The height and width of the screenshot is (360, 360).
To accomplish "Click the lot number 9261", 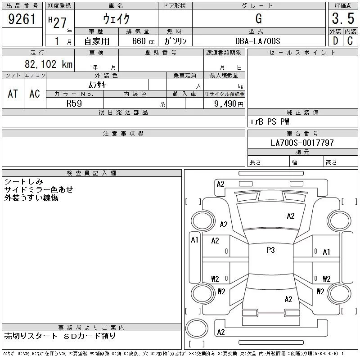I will tap(22, 20).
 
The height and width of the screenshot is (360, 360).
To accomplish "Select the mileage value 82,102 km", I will tap(49, 64).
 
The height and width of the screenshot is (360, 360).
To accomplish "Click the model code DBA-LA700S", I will tap(259, 41).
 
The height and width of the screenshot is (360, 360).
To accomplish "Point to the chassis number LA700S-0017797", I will tap(302, 143).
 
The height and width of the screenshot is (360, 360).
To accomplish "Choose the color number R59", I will tap(74, 103).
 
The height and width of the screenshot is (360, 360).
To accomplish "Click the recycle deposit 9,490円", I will tap(229, 103).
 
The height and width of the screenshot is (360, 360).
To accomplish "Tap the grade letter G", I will tap(258, 19).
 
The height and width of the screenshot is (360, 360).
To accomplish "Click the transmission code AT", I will tap(13, 94).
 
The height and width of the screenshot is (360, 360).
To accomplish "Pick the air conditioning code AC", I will tap(35, 94).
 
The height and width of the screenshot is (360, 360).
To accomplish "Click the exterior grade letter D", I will tap(335, 41).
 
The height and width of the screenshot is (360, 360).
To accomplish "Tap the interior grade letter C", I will tap(350, 41).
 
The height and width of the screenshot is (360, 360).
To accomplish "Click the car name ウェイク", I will tap(116, 19).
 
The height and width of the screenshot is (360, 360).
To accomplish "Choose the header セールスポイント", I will tap(302, 53).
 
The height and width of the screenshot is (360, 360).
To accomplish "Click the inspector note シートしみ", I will tap(23, 182).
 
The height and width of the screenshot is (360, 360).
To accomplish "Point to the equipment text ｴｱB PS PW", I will tap(270, 121).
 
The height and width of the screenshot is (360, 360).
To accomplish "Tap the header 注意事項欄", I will tap(123, 134).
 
